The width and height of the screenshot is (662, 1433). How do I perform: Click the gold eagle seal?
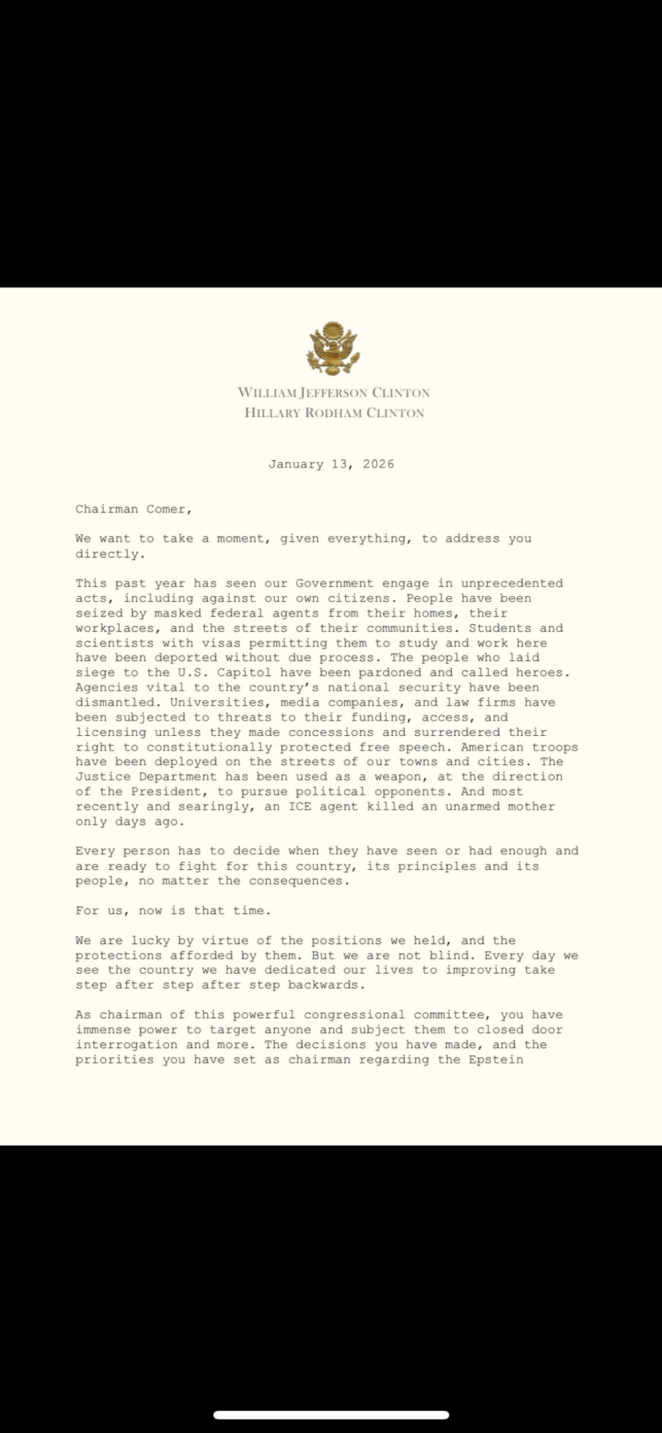click(x=332, y=349)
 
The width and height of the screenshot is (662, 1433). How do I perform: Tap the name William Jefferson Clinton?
click(x=334, y=393)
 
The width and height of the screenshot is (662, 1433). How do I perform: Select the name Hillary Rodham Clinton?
click(x=334, y=413)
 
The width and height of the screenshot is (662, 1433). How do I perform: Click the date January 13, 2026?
click(x=331, y=464)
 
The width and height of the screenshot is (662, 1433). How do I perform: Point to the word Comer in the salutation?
click(x=169, y=509)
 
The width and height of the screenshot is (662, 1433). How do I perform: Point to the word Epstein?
click(x=496, y=1060)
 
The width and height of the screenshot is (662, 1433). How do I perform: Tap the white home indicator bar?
click(x=331, y=1415)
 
